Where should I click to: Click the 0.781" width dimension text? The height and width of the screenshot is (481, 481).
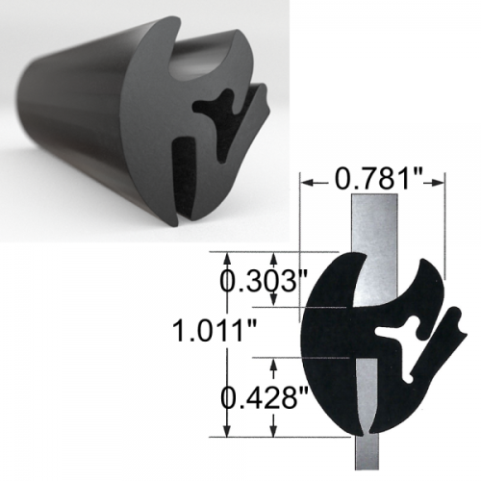372,178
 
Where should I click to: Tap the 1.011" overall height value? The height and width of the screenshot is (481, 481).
213,333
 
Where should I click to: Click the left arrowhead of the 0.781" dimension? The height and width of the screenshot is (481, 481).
309,178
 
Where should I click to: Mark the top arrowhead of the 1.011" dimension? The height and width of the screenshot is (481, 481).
227,258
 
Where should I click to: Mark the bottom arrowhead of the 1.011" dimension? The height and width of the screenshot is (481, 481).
227,432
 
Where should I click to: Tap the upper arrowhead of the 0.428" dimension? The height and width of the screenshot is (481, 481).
276,363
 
